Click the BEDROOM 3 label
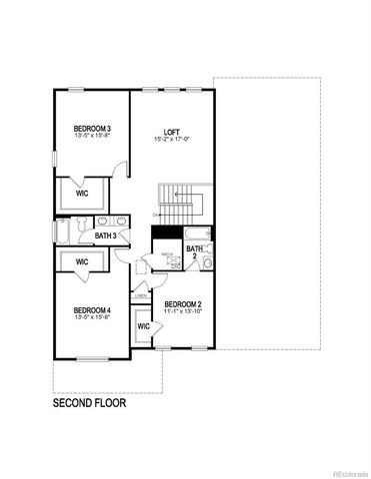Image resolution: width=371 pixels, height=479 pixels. [x=92, y=129]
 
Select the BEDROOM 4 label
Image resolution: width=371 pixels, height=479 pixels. [x=92, y=310]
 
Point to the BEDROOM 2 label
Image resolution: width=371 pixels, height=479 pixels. [x=184, y=303]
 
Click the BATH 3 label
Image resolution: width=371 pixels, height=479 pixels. [x=107, y=237]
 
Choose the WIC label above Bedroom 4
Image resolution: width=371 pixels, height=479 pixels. [x=83, y=261]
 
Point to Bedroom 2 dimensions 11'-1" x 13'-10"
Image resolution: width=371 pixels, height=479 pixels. [x=184, y=311]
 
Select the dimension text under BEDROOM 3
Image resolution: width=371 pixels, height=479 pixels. [x=92, y=137]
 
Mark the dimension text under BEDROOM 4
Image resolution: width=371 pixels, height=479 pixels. [x=92, y=318]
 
